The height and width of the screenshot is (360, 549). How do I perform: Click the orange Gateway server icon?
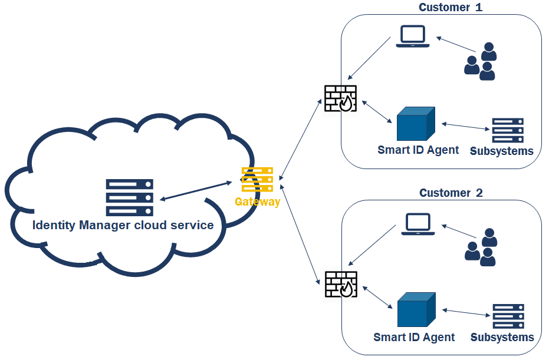click(x=258, y=180)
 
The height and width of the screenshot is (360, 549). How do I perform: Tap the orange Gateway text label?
click(x=258, y=202)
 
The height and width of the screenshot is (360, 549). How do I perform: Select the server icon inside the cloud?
click(x=130, y=197)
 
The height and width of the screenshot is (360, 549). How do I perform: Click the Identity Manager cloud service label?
click(x=123, y=225)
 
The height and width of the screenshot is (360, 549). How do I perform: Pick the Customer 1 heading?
click(x=451, y=8)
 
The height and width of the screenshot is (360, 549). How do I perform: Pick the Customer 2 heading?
click(x=451, y=193)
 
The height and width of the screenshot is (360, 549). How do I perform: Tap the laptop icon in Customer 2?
click(x=418, y=224)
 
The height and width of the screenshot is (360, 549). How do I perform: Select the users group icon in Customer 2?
click(x=481, y=247)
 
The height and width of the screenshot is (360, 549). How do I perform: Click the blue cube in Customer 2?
click(x=416, y=310)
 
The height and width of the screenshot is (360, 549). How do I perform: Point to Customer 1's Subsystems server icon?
click(x=508, y=131)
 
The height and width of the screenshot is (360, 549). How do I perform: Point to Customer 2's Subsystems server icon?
click(x=508, y=316)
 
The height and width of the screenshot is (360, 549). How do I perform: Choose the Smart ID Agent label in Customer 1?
click(x=418, y=150)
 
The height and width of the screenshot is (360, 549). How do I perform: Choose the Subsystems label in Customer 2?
click(x=502, y=338)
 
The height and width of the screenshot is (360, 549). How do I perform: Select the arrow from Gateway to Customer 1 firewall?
click(x=301, y=139)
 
